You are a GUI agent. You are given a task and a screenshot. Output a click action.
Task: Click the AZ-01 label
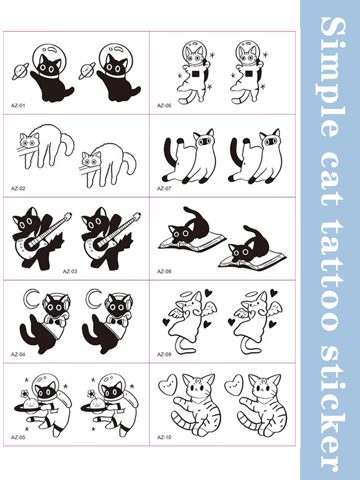[x=18, y=106]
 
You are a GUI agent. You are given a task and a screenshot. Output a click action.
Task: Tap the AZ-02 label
[x=18, y=189]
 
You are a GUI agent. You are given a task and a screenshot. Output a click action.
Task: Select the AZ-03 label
[x=70, y=271]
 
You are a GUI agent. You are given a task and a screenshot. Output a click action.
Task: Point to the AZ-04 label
[x=18, y=355]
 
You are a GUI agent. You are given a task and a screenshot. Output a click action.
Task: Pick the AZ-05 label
[x=18, y=437]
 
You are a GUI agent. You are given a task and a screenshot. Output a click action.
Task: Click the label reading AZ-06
[x=164, y=106]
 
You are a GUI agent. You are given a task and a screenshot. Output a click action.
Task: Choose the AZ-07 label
[x=164, y=189]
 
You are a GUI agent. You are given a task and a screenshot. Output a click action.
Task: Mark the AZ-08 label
[x=164, y=271]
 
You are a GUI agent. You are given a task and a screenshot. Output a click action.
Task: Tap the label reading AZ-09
[x=164, y=355]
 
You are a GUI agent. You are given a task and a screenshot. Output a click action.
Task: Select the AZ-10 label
[x=164, y=437]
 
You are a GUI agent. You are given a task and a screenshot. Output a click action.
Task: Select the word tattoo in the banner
[x=332, y=278]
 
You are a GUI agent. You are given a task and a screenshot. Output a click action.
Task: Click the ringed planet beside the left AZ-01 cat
[x=20, y=72]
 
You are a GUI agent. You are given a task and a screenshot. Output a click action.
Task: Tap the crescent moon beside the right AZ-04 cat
[x=92, y=299]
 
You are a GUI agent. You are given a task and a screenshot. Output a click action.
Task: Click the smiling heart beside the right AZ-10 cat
[x=234, y=384]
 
